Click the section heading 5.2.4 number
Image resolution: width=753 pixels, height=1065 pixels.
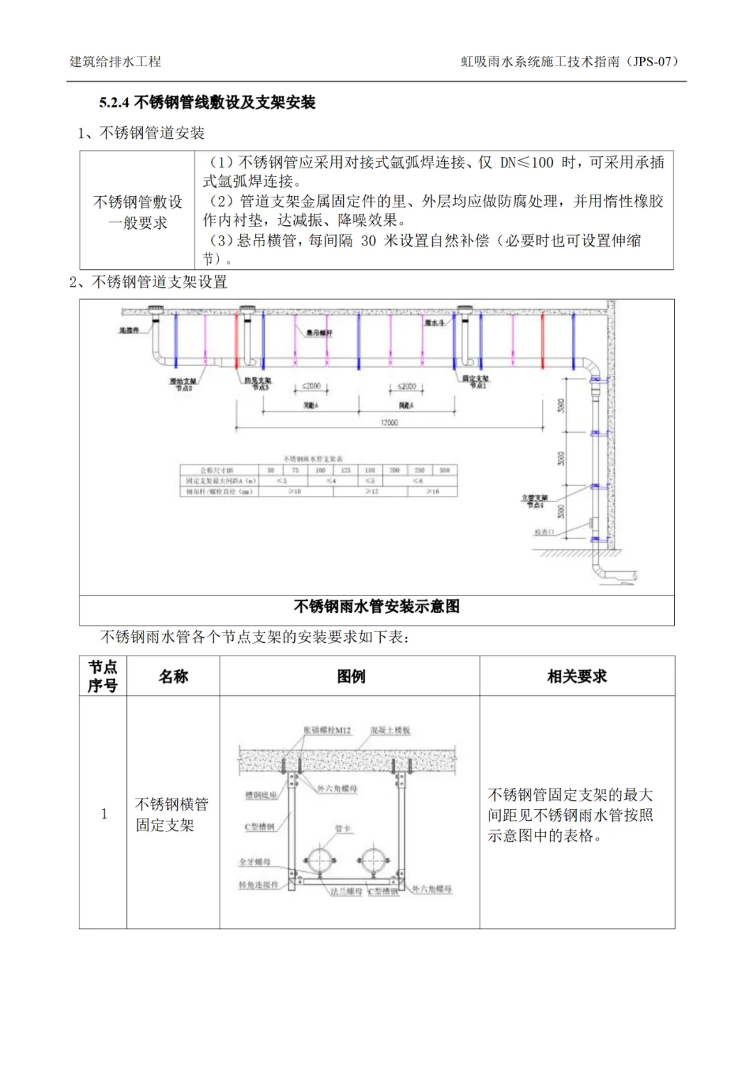coord(114,103)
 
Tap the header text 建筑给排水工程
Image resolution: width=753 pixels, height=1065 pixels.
coord(115,61)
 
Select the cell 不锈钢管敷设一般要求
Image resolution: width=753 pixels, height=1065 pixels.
coord(137,212)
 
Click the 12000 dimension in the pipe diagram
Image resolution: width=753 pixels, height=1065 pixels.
coord(389,423)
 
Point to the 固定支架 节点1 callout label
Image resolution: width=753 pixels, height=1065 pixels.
coord(476,382)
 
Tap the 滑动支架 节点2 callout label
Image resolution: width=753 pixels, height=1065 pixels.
coord(183,384)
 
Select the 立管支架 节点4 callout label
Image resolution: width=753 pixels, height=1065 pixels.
coord(535,501)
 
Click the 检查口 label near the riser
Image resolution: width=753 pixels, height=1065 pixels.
coord(544,532)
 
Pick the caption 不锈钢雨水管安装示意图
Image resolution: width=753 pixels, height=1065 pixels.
coord(376,607)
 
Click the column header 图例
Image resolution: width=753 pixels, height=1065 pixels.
coord(351,677)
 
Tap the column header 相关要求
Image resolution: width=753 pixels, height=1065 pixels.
coord(577,677)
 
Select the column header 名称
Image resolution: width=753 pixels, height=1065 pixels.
coord(173,677)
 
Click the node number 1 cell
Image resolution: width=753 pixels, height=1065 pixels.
coord(104,813)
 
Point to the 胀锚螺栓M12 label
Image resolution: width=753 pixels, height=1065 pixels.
coord(328,730)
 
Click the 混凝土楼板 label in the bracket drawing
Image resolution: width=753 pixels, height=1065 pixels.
coord(390,730)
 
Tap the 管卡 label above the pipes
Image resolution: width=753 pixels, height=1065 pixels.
coord(342,829)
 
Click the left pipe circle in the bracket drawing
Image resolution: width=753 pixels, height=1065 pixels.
coord(320,860)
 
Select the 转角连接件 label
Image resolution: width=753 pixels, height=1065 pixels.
coord(259,884)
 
